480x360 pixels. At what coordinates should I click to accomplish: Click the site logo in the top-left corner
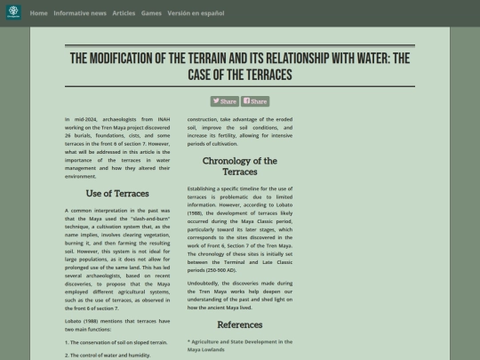click(x=12, y=13)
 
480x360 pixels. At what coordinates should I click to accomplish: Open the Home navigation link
click(x=38, y=13)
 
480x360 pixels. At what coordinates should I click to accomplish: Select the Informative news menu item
click(x=80, y=13)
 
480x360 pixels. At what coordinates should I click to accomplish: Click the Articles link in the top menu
click(x=124, y=13)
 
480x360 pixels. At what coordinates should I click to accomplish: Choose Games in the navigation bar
click(x=151, y=13)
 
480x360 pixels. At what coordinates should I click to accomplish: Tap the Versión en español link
click(x=196, y=13)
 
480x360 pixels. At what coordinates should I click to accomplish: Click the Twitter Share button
click(x=224, y=101)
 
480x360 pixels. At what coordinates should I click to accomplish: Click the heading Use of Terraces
click(x=117, y=193)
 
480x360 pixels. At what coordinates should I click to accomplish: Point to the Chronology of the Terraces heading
click(x=240, y=166)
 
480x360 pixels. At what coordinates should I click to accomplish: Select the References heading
click(x=240, y=324)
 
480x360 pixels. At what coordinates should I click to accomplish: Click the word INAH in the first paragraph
click(x=164, y=119)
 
